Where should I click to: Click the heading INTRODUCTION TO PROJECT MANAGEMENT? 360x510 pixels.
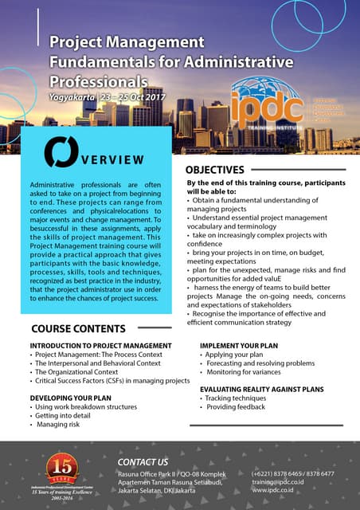100,346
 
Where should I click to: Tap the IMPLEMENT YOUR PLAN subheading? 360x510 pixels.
240,346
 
